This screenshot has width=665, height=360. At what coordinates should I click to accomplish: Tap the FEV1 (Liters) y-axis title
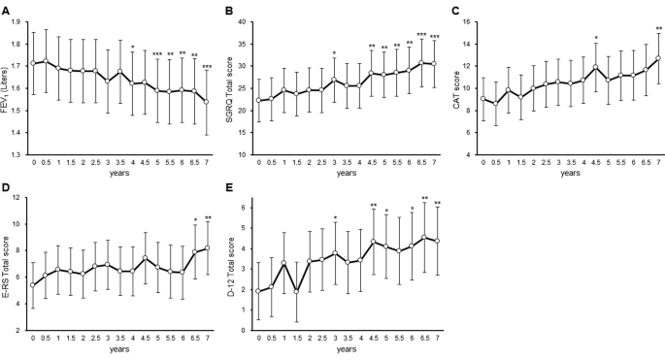tap(8, 82)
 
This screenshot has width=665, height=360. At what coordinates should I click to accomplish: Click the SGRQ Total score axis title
tap(230, 82)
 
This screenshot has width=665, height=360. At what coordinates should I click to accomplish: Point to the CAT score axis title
tap(455, 82)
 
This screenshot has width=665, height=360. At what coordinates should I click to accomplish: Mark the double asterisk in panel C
tap(659, 29)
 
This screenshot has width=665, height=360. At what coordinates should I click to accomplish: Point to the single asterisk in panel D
tap(195, 220)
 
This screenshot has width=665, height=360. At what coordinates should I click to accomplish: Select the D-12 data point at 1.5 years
tap(296, 291)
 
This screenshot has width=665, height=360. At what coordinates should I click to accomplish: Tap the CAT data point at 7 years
tap(659, 58)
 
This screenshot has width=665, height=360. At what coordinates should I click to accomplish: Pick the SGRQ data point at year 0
tap(258, 100)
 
